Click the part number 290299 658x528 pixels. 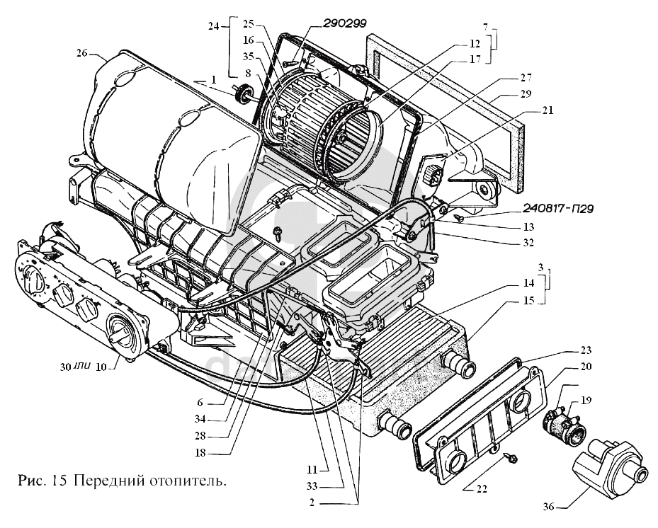point(344,23)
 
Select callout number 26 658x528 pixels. point(82,53)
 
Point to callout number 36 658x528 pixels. point(548,507)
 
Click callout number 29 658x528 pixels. point(526,93)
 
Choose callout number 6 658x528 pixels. point(200,403)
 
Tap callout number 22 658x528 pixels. point(482,489)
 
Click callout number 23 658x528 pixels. point(586,350)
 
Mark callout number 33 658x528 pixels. point(312,486)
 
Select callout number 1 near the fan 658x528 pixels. point(214,79)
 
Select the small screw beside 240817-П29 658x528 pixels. point(459,217)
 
